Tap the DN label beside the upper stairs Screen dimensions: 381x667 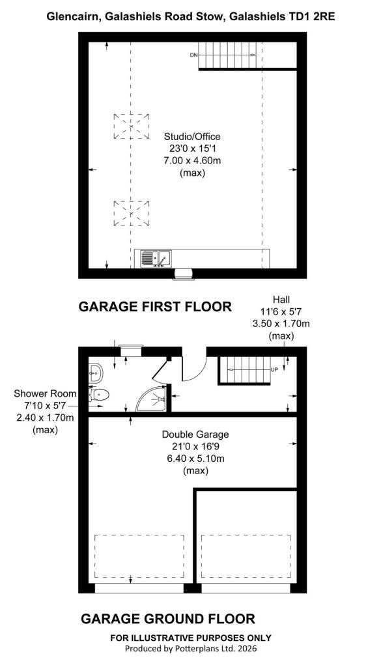tap(193, 55)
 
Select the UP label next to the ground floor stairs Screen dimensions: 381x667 tap(274, 370)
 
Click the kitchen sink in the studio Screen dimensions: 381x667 tap(156, 258)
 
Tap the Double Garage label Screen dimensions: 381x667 tap(195, 434)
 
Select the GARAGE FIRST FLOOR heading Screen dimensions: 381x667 tap(155, 306)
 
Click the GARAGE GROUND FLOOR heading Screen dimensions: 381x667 tap(168, 619)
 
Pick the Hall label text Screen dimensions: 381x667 tap(281, 300)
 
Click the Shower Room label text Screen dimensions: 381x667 tap(45, 393)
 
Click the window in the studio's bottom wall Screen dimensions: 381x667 tap(183, 275)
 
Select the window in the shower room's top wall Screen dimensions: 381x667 tap(130, 350)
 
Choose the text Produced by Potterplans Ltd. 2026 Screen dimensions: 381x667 tap(190, 649)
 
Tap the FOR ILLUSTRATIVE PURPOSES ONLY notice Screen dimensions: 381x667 tap(190, 638)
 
